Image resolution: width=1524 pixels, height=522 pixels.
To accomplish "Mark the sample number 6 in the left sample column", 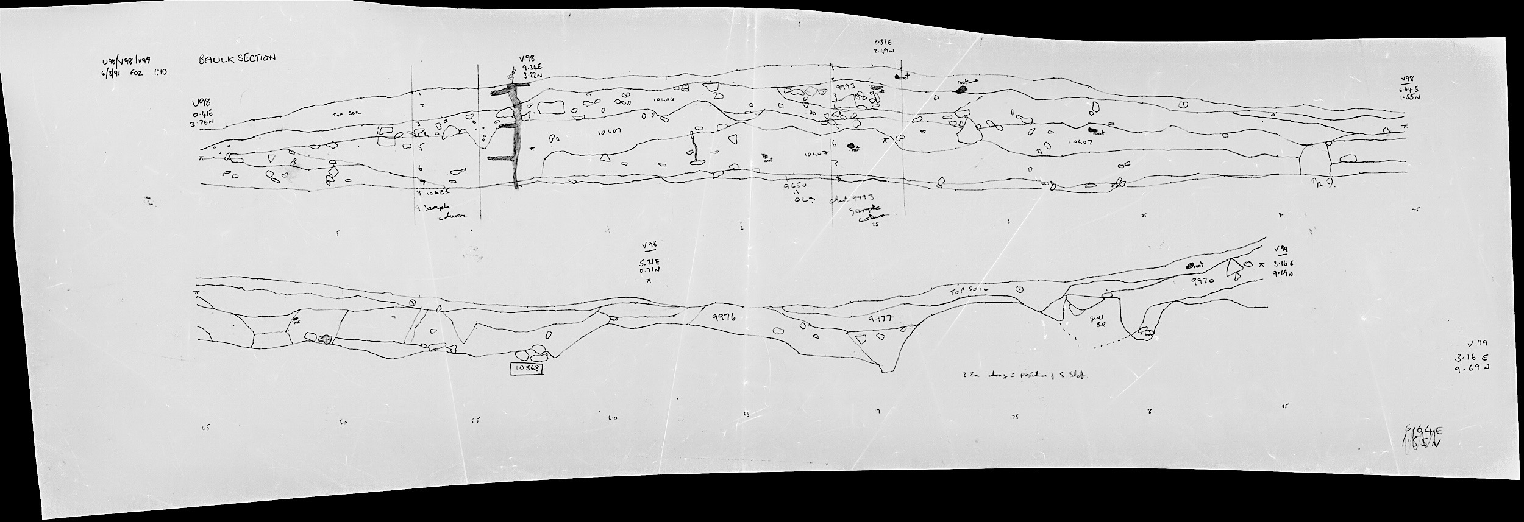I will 421,168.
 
